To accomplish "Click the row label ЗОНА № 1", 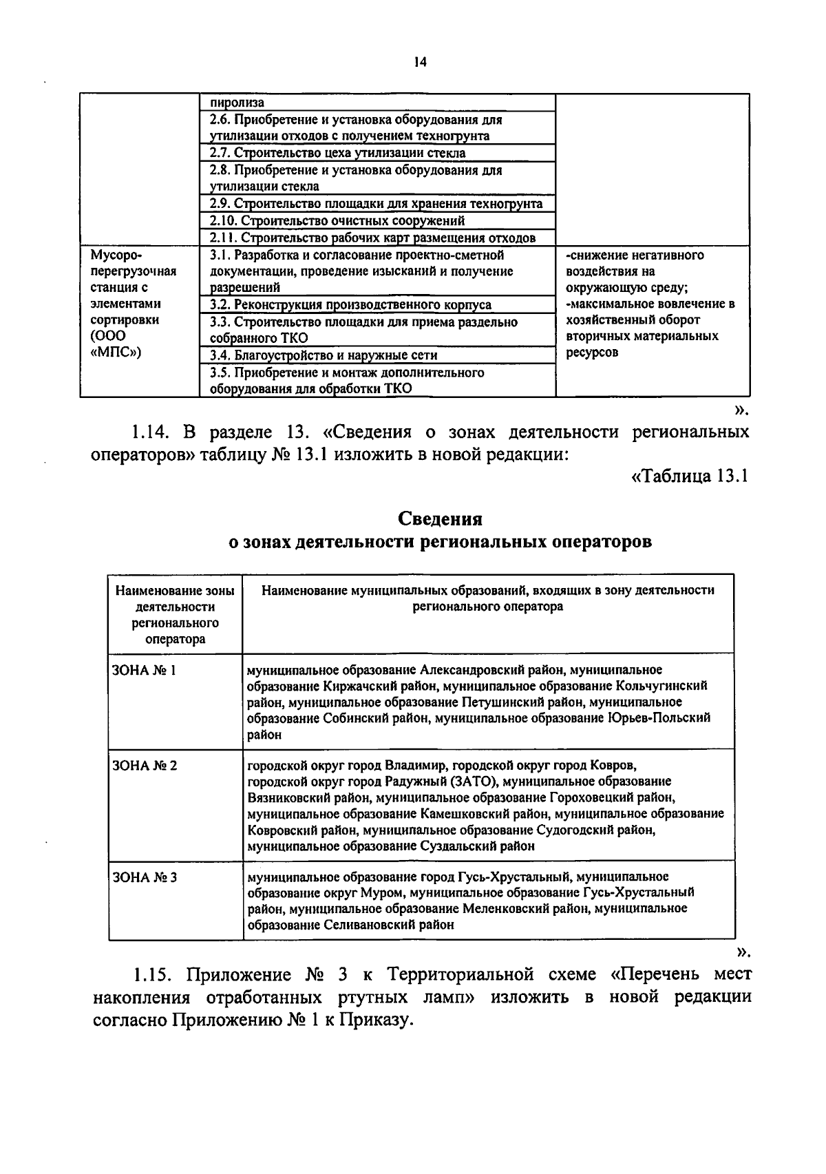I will [x=144, y=670].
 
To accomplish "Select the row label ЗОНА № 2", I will [x=144, y=765].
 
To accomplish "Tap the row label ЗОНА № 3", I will [x=144, y=877].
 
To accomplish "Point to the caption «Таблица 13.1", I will [x=689, y=476].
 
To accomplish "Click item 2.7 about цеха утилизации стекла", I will [x=337, y=153].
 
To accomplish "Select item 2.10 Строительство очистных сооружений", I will [x=337, y=220].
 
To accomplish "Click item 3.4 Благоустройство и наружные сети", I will [x=324, y=355].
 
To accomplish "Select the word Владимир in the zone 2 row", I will [x=417, y=765].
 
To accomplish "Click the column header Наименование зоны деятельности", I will [x=175, y=598].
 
